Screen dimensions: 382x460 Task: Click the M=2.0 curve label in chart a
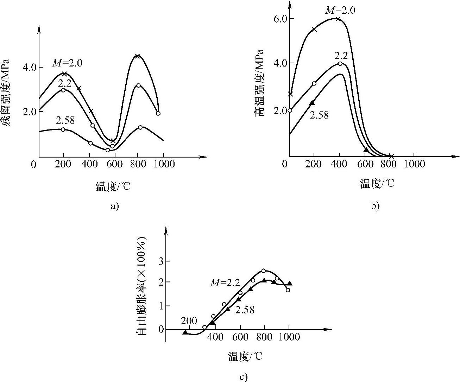tap(67, 63)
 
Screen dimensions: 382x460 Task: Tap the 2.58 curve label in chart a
tap(65, 120)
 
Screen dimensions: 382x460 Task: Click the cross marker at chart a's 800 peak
tap(138, 56)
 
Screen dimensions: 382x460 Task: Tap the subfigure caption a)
tap(115, 205)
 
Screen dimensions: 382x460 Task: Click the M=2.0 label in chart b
tap(340, 10)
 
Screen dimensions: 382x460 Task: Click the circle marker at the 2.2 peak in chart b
tap(340, 64)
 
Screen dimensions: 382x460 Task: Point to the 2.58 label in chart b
tap(319, 115)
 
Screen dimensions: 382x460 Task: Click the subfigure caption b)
tap(375, 205)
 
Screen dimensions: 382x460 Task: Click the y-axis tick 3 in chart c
tap(162, 261)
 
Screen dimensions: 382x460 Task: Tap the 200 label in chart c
tap(189, 321)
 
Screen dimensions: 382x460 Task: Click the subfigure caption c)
tap(244, 377)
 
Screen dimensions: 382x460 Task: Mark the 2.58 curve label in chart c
tap(245, 310)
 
